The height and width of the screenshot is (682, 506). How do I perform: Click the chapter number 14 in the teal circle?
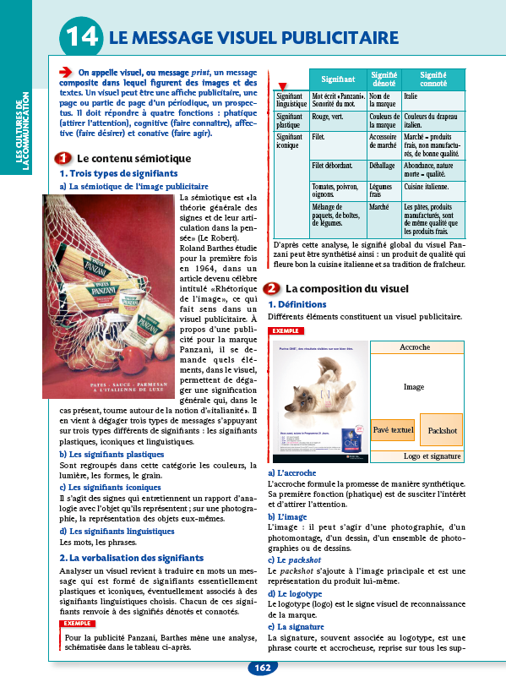tap(80, 38)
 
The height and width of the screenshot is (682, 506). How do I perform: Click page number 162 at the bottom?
tap(262, 668)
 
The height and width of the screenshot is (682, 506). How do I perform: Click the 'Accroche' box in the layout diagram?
tap(414, 347)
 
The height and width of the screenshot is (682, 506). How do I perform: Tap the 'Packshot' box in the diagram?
tap(443, 430)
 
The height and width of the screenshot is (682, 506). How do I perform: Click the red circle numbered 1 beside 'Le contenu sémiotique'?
tap(63, 159)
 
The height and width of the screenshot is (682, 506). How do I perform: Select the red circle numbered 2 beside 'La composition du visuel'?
tap(272, 288)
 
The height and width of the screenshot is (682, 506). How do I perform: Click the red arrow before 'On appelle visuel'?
tap(67, 73)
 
